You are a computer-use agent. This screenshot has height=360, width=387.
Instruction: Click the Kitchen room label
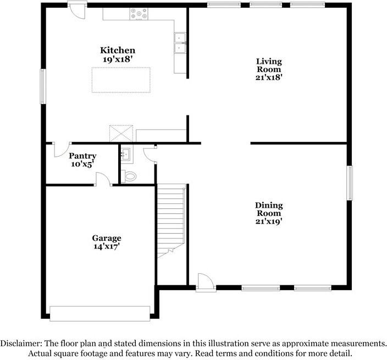tap(117, 51)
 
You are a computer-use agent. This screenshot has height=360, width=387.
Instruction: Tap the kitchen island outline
tap(121, 80)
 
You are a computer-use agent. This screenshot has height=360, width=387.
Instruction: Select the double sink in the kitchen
tap(180, 43)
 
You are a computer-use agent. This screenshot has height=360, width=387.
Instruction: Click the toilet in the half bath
tap(130, 176)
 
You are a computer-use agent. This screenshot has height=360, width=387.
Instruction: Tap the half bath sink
tap(126, 154)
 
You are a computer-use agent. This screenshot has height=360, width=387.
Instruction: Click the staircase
tap(170, 220)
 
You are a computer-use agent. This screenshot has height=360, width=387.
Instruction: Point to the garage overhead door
tap(99, 313)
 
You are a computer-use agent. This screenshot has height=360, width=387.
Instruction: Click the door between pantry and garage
tap(103, 180)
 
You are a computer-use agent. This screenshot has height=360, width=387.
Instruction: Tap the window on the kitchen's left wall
tap(42, 86)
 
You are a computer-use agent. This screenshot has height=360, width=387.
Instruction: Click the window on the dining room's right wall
tap(349, 183)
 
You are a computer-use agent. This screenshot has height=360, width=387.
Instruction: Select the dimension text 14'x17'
tap(106, 247)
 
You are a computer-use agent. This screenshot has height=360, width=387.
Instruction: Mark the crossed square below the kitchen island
tap(121, 133)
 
